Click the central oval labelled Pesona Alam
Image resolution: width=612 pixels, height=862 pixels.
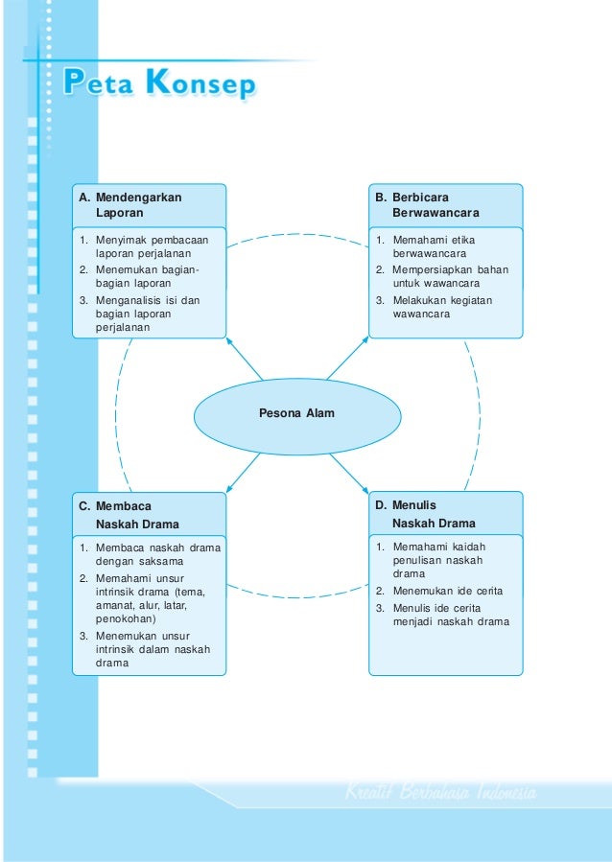[296, 413]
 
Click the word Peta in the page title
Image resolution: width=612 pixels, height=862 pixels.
[96, 84]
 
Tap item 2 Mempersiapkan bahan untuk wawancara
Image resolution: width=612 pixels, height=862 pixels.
[441, 276]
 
